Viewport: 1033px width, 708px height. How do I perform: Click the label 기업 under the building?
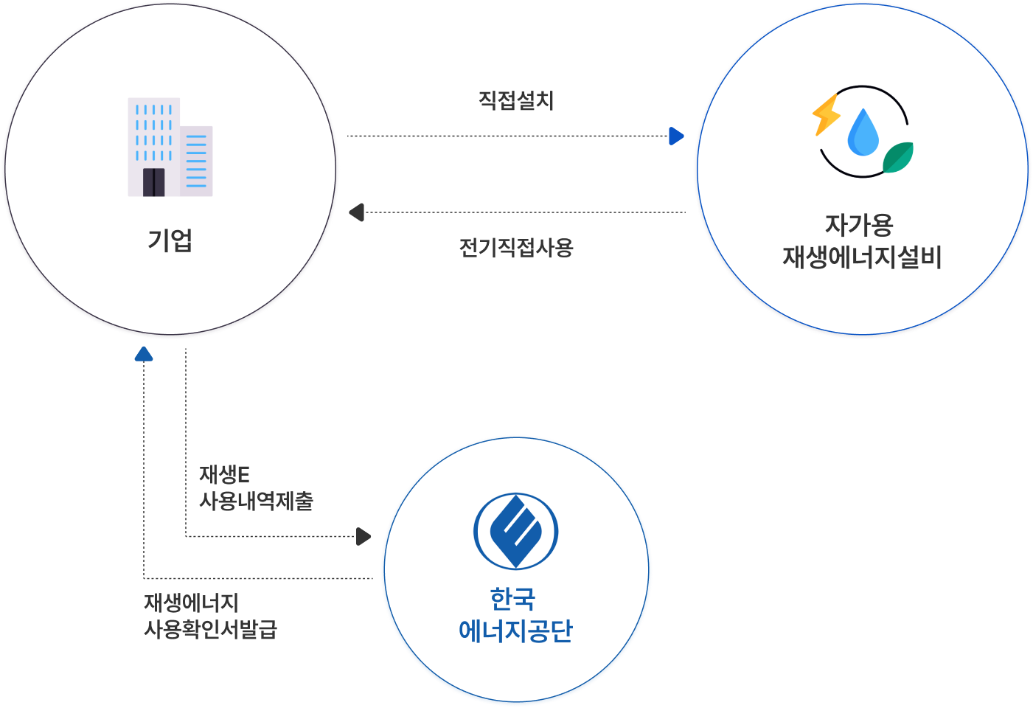170,240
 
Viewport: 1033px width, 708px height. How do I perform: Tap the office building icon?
170,147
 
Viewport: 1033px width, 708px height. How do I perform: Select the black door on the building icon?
154,181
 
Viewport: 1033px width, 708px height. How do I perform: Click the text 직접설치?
516,100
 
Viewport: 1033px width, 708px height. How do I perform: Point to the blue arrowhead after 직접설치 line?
675,136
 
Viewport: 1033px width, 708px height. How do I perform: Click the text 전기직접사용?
516,247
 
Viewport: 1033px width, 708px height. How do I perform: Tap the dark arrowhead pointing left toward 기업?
357,212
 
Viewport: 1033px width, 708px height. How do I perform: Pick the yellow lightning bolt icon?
826,114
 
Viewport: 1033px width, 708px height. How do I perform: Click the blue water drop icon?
863,133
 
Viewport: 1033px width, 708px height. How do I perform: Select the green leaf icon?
898,157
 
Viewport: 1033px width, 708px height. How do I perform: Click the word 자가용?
859,224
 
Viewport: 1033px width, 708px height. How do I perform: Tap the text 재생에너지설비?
862,257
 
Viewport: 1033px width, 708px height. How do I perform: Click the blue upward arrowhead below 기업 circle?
144,354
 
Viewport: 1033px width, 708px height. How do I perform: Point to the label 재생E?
224,474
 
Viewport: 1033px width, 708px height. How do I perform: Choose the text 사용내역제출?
257,502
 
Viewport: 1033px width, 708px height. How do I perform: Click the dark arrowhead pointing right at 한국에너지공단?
363,536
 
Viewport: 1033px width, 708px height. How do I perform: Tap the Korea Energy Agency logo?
515,531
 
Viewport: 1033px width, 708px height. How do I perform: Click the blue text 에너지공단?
515,631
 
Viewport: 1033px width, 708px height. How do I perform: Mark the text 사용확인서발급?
210,630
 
